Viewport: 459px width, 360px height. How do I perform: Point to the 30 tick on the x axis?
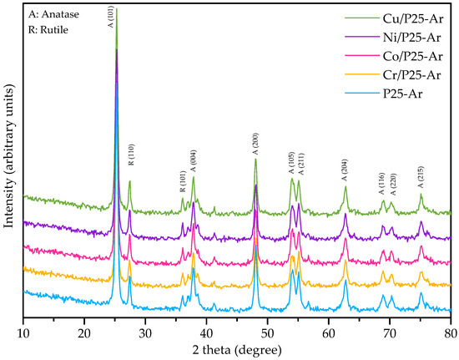point(145,332)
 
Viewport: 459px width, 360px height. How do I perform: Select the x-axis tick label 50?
point(267,332)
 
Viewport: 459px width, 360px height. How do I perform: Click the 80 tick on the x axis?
point(450,332)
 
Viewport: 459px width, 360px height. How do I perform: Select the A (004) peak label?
point(193,160)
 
